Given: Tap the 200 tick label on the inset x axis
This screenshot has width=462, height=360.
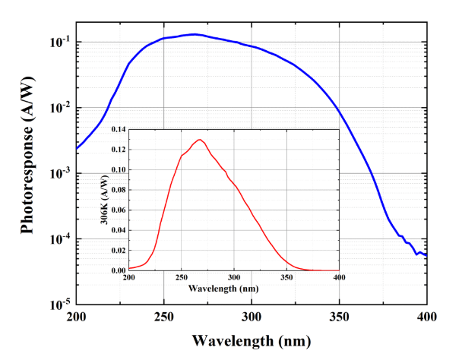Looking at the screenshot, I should (129, 279).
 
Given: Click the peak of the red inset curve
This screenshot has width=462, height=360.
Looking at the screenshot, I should (200, 140).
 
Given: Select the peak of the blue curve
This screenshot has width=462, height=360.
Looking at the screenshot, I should (195, 34).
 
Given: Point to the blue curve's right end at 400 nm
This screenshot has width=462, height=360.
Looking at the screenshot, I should (426, 255).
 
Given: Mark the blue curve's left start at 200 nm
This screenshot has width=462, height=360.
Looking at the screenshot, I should (76, 148).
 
